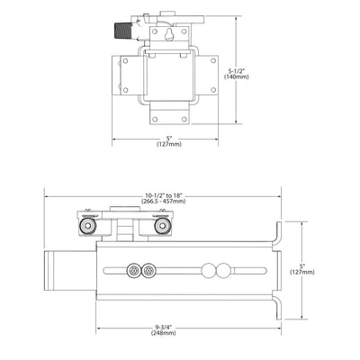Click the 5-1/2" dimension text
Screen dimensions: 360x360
pos(237,71)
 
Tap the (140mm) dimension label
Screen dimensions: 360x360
pos(237,76)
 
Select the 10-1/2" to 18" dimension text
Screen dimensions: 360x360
pos(164,196)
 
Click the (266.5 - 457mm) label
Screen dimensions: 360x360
pos(164,202)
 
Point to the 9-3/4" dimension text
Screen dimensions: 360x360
pos(164,328)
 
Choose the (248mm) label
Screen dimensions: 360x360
pos(164,333)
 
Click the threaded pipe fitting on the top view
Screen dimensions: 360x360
pos(121,30)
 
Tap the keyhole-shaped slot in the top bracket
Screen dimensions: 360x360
pos(169,34)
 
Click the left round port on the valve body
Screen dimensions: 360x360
pos(87,226)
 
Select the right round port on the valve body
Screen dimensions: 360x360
pos(163,226)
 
